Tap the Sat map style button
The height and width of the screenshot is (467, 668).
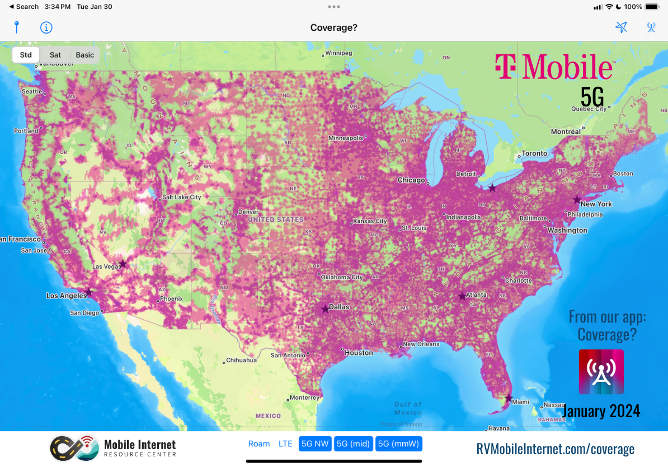[x=55, y=55]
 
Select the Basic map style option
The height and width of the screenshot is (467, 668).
[x=85, y=55]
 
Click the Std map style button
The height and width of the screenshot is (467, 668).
[x=26, y=55]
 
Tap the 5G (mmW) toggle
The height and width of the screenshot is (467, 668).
[x=398, y=444]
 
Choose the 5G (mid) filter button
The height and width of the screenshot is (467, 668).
[x=353, y=444]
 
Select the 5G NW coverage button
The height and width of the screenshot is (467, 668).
[x=315, y=444]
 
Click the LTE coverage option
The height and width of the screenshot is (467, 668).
[x=285, y=444]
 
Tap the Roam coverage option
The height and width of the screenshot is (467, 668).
[x=259, y=444]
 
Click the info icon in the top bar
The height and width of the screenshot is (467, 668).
[x=46, y=27]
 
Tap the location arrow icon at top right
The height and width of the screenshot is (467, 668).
[x=621, y=27]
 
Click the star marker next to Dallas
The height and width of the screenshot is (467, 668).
[x=325, y=309]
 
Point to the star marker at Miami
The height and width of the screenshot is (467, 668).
[x=508, y=398]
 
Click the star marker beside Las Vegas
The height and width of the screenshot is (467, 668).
[x=123, y=264]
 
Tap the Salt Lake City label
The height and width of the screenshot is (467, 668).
[x=181, y=197]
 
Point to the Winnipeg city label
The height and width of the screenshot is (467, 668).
[x=338, y=53]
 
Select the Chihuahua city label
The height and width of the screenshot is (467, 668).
[x=241, y=360]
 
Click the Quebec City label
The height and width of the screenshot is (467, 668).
[x=588, y=109]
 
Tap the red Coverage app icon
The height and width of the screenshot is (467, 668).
[x=601, y=372]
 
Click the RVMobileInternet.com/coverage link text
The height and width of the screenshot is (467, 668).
[x=555, y=449]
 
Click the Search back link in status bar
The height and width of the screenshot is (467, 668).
[x=23, y=7]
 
